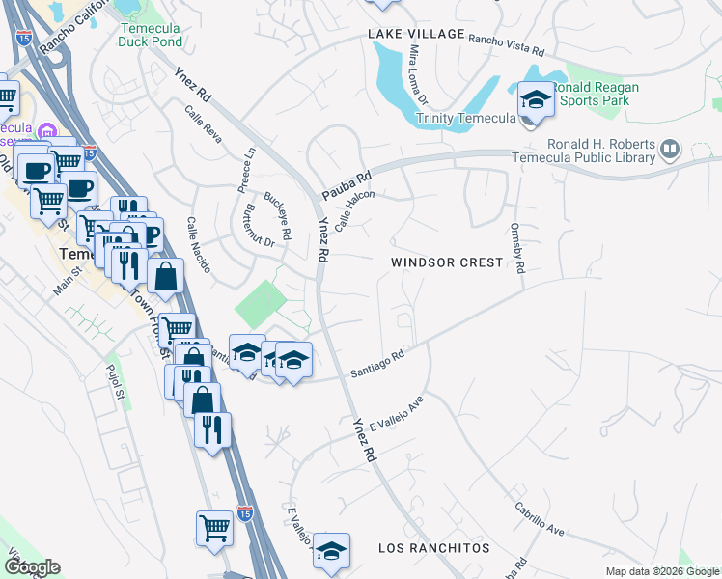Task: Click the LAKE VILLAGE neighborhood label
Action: [415, 34]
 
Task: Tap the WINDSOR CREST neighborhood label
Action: [447, 262]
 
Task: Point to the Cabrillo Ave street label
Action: [539, 518]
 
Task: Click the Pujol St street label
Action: [116, 381]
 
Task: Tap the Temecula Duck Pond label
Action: [153, 35]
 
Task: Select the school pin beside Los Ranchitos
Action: [331, 551]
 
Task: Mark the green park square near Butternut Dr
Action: [260, 303]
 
